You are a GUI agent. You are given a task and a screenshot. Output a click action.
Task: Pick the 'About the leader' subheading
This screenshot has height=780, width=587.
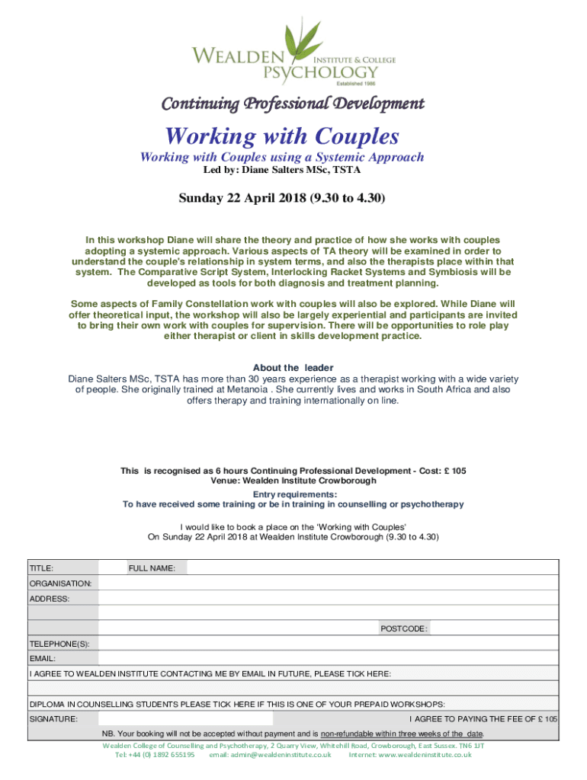click(293, 368)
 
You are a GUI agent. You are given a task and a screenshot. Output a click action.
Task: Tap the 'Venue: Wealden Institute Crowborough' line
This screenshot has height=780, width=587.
click(293, 481)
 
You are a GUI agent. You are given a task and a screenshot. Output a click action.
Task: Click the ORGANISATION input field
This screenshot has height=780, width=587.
click(329, 583)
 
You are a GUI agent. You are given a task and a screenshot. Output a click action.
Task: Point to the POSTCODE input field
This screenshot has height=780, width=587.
click(495, 629)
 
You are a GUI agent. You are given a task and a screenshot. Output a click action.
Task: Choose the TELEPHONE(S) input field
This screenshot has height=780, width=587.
click(329, 644)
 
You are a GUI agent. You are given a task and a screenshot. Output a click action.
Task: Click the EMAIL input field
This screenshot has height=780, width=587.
click(329, 659)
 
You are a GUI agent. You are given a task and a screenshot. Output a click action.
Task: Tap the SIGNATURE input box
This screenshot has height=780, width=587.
click(185, 719)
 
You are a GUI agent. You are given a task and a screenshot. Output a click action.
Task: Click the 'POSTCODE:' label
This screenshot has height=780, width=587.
click(403, 629)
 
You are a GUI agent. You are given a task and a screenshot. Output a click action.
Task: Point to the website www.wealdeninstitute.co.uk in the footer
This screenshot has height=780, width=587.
click(425, 755)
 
